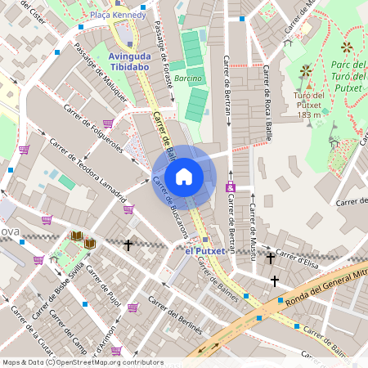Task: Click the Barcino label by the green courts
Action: (x=188, y=79)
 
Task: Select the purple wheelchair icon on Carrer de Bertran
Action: (x=231, y=189)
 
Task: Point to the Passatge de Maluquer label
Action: (x=101, y=71)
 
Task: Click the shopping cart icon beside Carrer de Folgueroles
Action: (x=108, y=123)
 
